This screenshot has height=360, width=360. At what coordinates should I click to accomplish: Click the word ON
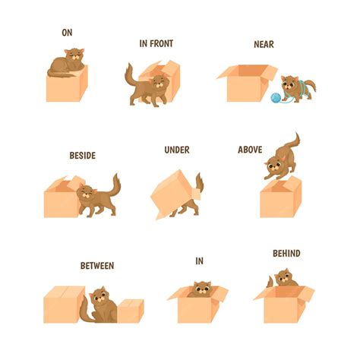(67, 33)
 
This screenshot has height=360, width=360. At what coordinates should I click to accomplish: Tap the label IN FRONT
(156, 43)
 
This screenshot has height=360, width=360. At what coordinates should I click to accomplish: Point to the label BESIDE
(82, 155)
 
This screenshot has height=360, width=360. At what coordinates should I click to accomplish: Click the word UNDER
(176, 150)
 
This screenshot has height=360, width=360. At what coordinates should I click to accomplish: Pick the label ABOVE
(250, 150)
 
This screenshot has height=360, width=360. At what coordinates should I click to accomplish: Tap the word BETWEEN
(97, 266)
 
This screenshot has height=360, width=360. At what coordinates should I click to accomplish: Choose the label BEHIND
(286, 253)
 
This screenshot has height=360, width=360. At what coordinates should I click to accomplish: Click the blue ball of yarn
(273, 97)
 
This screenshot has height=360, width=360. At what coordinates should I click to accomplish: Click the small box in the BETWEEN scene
(130, 311)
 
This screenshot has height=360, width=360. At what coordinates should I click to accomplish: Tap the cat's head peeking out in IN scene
(201, 288)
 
